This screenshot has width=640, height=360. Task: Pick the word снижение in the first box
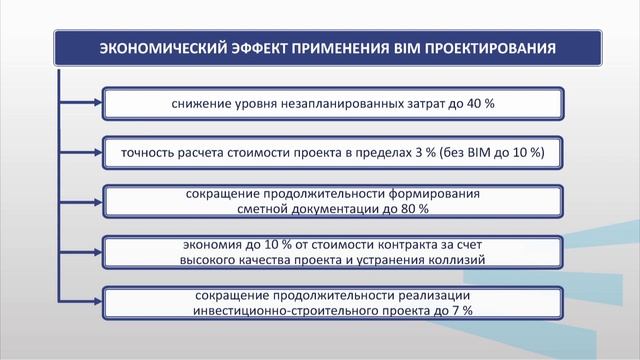point(198,103)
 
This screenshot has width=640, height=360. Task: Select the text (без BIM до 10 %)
point(498,152)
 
